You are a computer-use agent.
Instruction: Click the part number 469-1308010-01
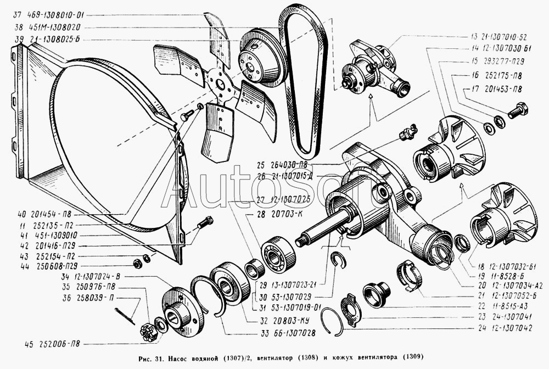(x=56, y=15)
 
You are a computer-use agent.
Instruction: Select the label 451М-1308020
(x=53, y=27)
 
